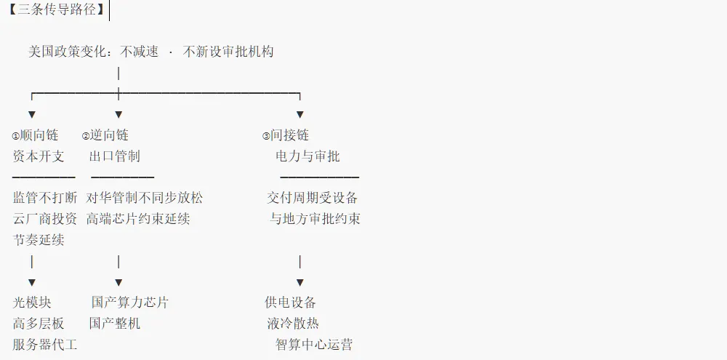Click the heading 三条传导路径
click(x=57, y=9)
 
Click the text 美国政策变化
click(x=67, y=51)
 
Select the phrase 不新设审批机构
click(x=228, y=51)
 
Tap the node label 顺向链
click(x=39, y=135)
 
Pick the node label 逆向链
click(x=109, y=135)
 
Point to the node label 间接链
click(x=289, y=135)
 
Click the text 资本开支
click(x=39, y=156)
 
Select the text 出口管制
click(x=115, y=156)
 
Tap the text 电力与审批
click(x=308, y=156)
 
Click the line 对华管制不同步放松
click(x=144, y=198)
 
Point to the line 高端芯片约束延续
click(x=138, y=218)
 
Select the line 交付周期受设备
click(x=312, y=198)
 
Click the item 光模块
click(x=32, y=303)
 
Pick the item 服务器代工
click(x=45, y=345)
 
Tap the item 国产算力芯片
click(x=130, y=303)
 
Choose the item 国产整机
click(x=115, y=324)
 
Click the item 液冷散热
click(x=293, y=324)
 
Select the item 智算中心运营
click(x=314, y=345)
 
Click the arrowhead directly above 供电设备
click(x=300, y=282)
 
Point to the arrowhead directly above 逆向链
click(x=119, y=115)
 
